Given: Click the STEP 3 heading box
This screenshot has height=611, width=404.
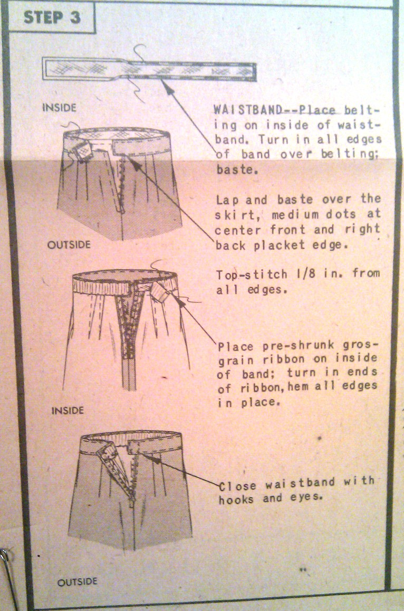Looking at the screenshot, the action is click(51, 17).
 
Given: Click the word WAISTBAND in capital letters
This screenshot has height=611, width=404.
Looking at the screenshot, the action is click(247, 109).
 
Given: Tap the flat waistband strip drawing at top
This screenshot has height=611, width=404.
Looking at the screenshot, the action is click(149, 69).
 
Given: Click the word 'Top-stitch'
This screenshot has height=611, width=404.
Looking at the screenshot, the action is click(252, 275).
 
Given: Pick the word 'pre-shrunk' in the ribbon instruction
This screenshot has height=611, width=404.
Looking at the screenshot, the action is click(298, 345).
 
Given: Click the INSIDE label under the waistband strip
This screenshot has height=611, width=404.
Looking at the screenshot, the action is click(59, 107).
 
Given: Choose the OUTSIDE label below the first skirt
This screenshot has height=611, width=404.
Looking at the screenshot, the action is click(69, 245).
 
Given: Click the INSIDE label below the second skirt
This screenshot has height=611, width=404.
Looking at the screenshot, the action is click(68, 410).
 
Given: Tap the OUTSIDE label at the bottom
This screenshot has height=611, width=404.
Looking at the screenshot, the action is click(77, 582).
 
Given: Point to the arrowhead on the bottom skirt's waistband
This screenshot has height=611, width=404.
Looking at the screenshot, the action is click(155, 460).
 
